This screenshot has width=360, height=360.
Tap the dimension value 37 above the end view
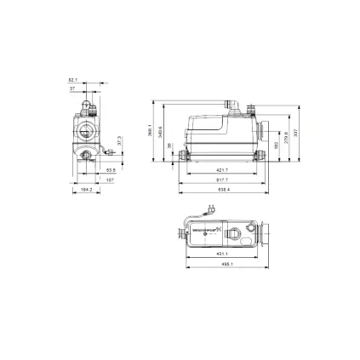pyautogui.click(x=72, y=88)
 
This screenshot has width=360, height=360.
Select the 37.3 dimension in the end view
pyautogui.click(x=119, y=138)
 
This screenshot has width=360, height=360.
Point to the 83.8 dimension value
pyautogui.click(x=111, y=169)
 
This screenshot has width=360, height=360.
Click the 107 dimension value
pyautogui.click(x=110, y=180)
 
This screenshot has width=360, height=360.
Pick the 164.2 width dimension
pyautogui.click(x=86, y=190)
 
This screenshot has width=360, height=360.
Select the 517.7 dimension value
pyautogui.click(x=223, y=180)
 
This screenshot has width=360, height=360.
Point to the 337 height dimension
pyautogui.click(x=295, y=133)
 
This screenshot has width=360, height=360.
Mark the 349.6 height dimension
pyautogui.click(x=160, y=133)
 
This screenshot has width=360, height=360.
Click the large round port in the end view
pyautogui.click(x=85, y=133)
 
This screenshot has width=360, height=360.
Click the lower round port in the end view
pyautogui.click(x=87, y=156)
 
